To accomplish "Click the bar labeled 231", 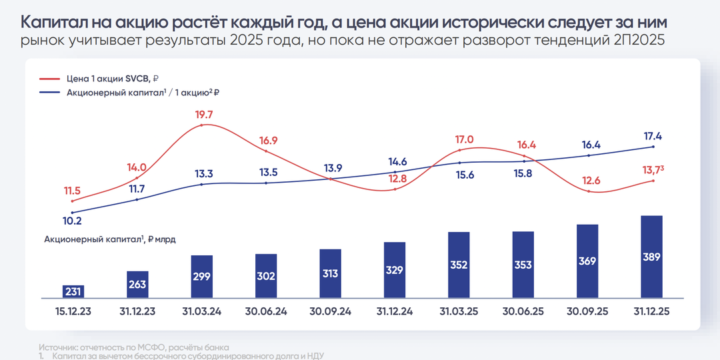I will [x=73, y=291].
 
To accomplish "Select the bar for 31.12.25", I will [x=651, y=257].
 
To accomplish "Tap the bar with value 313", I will [x=331, y=273].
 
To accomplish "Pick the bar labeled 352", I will [x=459, y=265].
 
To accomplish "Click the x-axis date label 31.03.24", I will [x=202, y=311].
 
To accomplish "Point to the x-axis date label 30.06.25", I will [x=523, y=311].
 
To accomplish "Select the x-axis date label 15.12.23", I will [x=73, y=311].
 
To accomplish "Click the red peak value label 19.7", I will [x=204, y=115].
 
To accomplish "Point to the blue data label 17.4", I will [x=652, y=136].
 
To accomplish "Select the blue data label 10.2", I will [x=71, y=221].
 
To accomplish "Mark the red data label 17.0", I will [x=464, y=139].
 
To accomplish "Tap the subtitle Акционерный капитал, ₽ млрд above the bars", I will [x=109, y=238].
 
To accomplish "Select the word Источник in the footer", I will [x=58, y=347].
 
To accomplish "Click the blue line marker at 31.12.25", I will [x=652, y=147].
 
